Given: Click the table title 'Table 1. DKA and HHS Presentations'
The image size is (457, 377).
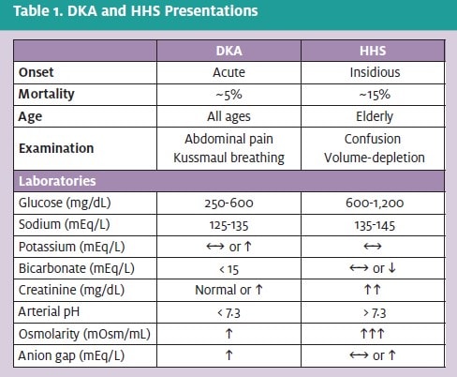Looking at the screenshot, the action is tap(136, 11).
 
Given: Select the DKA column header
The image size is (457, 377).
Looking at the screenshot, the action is tap(228, 51).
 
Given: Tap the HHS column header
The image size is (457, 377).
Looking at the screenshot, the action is tap(373, 51).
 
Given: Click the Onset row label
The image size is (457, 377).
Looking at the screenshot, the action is tap(36, 72).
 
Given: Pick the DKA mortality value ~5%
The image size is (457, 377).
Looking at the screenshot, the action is tap(228, 95).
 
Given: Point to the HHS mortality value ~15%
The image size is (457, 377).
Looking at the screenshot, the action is tap(375, 95).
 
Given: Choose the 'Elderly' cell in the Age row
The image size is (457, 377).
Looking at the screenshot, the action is tap(375, 116).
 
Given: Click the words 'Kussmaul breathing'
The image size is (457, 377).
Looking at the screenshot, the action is tap(228, 158).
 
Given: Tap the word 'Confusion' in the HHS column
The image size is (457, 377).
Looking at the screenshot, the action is tap(373, 139).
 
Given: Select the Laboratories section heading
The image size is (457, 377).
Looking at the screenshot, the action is tap(57, 181).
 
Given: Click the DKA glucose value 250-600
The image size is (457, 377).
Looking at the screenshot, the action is tap(228, 204).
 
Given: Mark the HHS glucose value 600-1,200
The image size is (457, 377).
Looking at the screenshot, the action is tap(375, 204).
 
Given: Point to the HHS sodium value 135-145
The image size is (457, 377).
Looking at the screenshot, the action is tap(375, 225).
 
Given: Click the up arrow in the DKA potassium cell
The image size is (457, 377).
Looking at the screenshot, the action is tap(247, 247).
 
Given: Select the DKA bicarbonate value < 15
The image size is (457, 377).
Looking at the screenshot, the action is tap(228, 269).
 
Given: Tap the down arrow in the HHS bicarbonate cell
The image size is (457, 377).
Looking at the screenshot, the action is tap(391, 268).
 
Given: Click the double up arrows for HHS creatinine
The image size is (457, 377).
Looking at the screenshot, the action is tap(373, 290).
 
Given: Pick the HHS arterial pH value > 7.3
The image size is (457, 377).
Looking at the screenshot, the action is tap(375, 313).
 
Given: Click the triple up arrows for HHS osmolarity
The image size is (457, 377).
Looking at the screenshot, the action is tap(372, 334).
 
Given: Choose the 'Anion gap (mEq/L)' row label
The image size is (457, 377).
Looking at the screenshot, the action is tap(71, 355).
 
